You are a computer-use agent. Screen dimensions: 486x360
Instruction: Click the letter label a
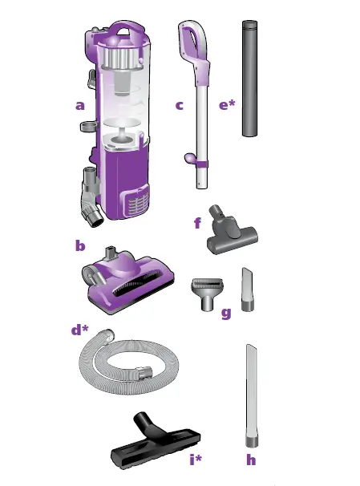[79, 104]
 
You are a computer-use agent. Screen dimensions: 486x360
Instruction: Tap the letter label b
[79, 245]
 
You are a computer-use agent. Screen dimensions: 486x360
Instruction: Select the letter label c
[179, 104]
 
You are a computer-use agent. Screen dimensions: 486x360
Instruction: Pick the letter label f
[197, 223]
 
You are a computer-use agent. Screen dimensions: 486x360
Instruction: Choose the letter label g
[225, 313]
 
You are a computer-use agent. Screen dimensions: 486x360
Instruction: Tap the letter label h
[253, 460]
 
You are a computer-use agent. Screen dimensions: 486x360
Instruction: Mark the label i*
[195, 460]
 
